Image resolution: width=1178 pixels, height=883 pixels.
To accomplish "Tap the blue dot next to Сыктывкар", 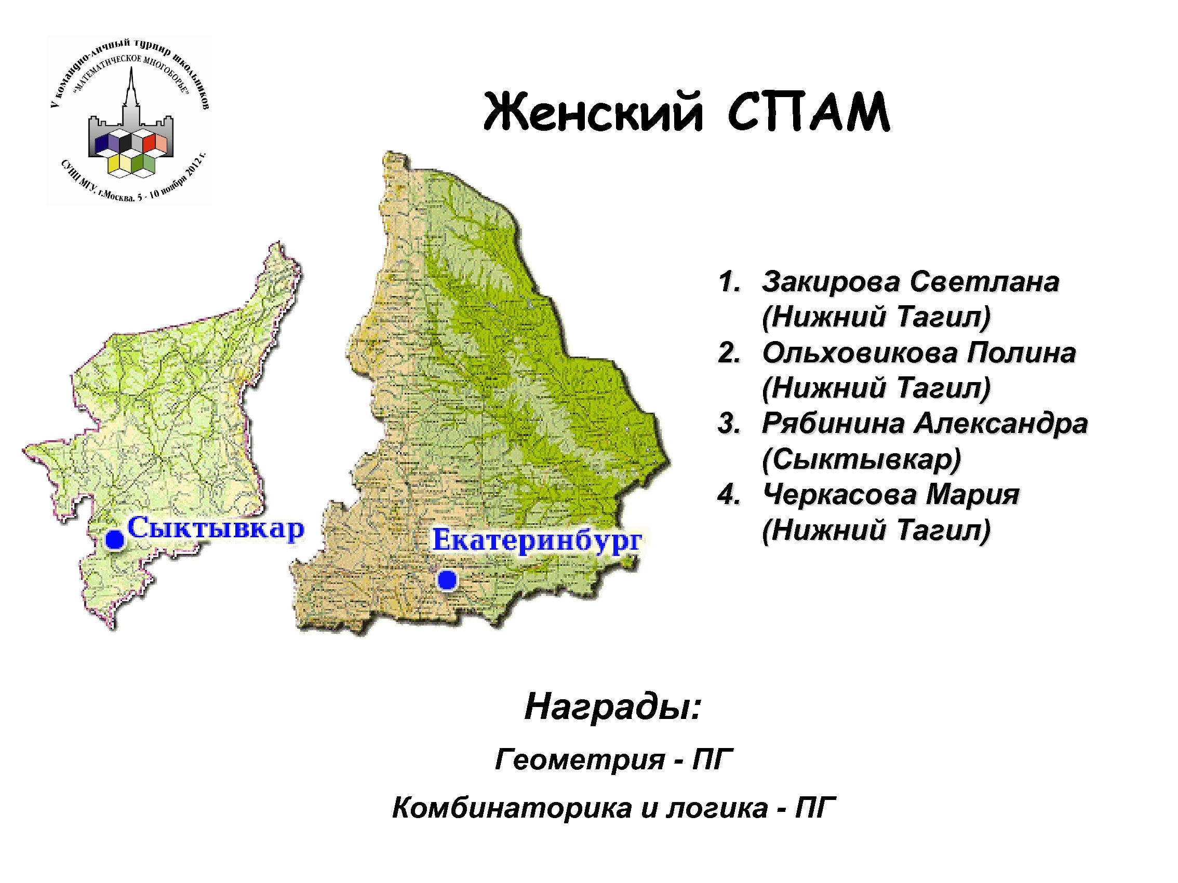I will click(114, 540).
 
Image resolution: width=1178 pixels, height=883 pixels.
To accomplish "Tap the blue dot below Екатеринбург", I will click(447, 580).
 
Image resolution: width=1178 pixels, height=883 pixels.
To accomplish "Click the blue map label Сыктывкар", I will click(216, 528).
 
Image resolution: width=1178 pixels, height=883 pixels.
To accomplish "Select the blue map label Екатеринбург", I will click(537, 540).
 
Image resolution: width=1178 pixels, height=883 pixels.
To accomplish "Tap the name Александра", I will click(1001, 424).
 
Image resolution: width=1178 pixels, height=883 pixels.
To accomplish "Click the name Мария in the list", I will click(972, 495).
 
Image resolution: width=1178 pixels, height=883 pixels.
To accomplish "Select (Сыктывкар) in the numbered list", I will click(861, 459).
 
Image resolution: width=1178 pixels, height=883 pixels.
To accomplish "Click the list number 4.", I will click(728, 495).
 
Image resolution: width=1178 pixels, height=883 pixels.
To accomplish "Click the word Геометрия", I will click(580, 758).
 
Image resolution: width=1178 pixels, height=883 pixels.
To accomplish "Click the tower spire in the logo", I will click(130, 85).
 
